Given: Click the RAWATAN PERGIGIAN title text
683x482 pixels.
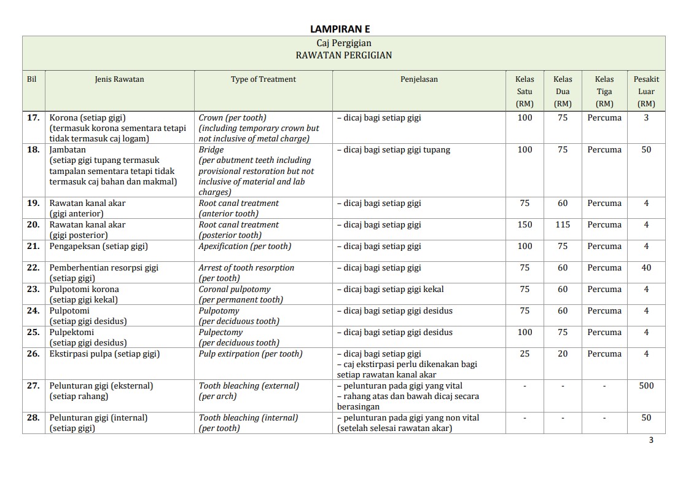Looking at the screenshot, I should coord(343,55).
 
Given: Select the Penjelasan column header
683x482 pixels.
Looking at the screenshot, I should coord(419,79).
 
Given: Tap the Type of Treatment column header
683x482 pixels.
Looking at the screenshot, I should coord(263,79).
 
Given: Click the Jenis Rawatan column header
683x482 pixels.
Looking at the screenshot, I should coord(119,79).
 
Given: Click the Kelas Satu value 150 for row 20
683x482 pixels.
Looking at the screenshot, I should coord(525,224).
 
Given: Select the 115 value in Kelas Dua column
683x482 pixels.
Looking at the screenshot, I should coord(563,224).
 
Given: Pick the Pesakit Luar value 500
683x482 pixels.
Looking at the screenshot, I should coord(646,385).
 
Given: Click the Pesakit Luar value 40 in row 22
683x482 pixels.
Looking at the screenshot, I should coord(646,267).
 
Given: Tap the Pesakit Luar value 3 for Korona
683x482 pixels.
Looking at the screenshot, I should coord(646,117).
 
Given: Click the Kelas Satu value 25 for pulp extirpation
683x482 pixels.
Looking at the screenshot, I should coord(525,354).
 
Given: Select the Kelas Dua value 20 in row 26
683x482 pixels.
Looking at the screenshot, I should coord(563,354).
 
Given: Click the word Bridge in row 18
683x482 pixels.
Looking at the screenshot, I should coord(211,149).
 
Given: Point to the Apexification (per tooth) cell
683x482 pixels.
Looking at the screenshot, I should coord(244,246).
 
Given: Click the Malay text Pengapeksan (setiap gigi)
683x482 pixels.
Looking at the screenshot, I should coord(98,246).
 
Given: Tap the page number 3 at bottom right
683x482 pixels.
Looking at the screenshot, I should coord(651,440).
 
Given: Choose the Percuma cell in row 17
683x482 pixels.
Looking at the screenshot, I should coord(604,117).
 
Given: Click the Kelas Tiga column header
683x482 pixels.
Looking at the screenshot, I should coord(604,91).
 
